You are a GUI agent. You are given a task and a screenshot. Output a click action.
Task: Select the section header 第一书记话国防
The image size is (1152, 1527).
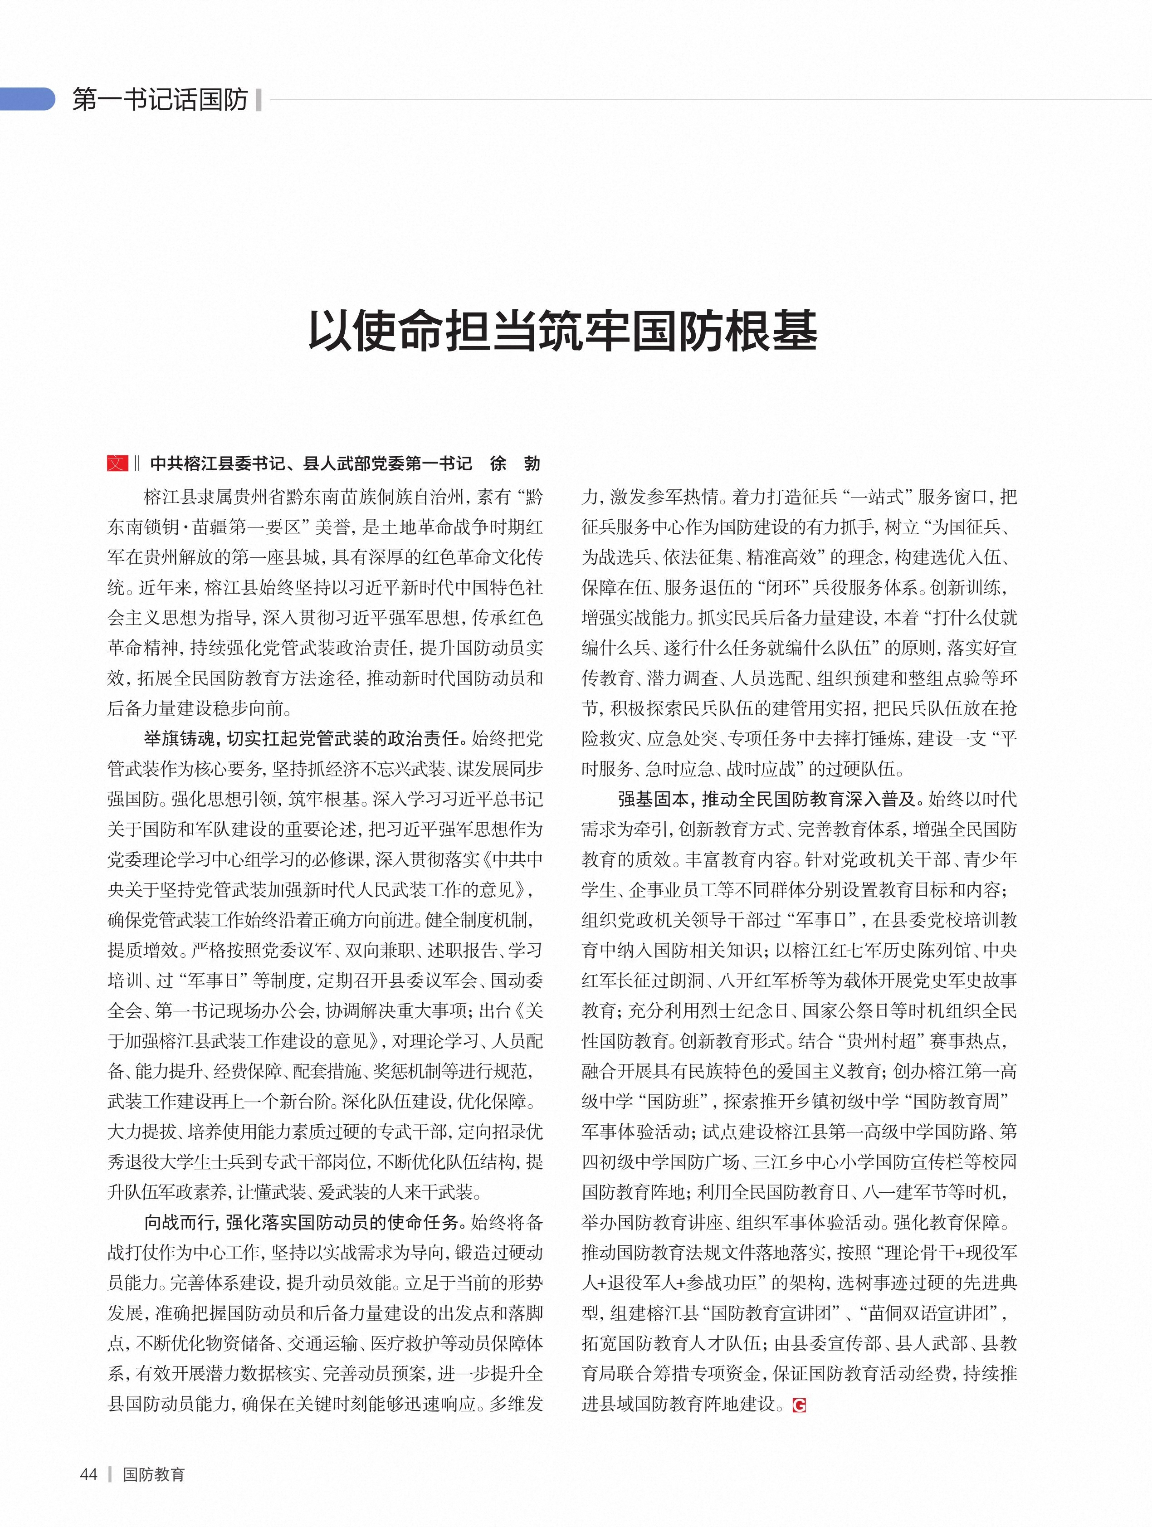tap(160, 101)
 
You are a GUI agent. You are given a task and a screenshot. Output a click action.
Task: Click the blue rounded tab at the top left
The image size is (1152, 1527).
tap(28, 99)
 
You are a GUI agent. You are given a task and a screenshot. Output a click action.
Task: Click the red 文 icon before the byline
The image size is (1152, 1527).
tap(117, 463)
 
